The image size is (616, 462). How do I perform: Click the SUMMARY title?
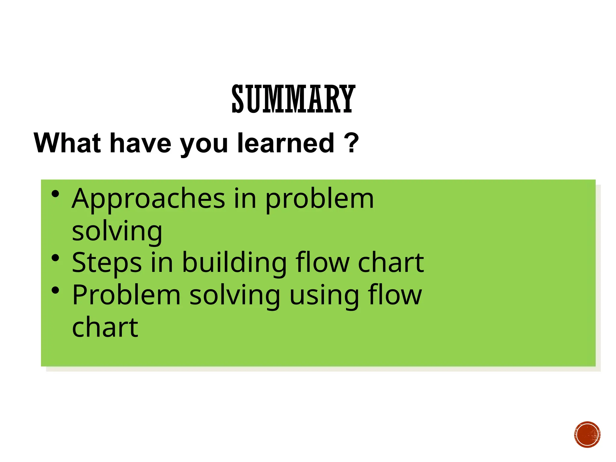click(293, 99)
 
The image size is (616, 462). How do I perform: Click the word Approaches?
click(148, 199)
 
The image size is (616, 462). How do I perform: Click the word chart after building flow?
click(391, 263)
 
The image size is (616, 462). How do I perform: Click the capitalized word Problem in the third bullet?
click(126, 295)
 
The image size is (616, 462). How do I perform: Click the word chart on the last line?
click(105, 327)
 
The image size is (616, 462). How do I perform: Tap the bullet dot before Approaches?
click(55, 194)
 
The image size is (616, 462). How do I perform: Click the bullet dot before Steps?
click(55, 258)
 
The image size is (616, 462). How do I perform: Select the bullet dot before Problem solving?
click(55, 291)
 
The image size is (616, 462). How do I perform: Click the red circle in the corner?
click(587, 435)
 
